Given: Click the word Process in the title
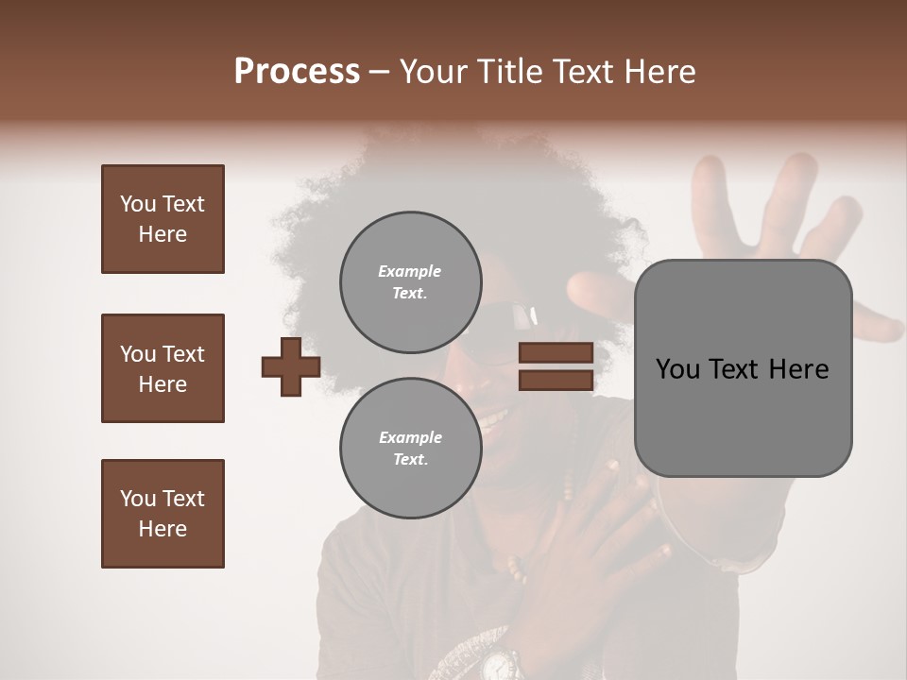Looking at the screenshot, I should click(x=297, y=72).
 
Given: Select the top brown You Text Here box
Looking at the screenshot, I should click(x=163, y=219).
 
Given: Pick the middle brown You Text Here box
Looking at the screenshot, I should click(x=163, y=368).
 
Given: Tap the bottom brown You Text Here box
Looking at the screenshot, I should click(x=163, y=514).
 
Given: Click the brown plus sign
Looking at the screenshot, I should click(x=291, y=366).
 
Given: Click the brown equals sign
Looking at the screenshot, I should click(x=556, y=366).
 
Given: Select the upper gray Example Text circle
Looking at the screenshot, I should click(x=410, y=281).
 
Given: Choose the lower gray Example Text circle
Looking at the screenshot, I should click(x=410, y=448).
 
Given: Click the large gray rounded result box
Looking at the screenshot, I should click(x=743, y=368).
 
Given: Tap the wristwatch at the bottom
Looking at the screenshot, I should click(x=498, y=663).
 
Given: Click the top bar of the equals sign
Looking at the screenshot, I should click(x=556, y=353).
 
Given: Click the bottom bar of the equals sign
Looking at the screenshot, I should click(x=556, y=380).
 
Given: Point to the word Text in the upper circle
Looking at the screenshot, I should click(x=408, y=293).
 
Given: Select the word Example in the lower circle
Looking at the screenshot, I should click(x=410, y=437).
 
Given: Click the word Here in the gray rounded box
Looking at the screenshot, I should click(x=798, y=369).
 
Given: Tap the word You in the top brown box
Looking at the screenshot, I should click(x=137, y=204).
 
